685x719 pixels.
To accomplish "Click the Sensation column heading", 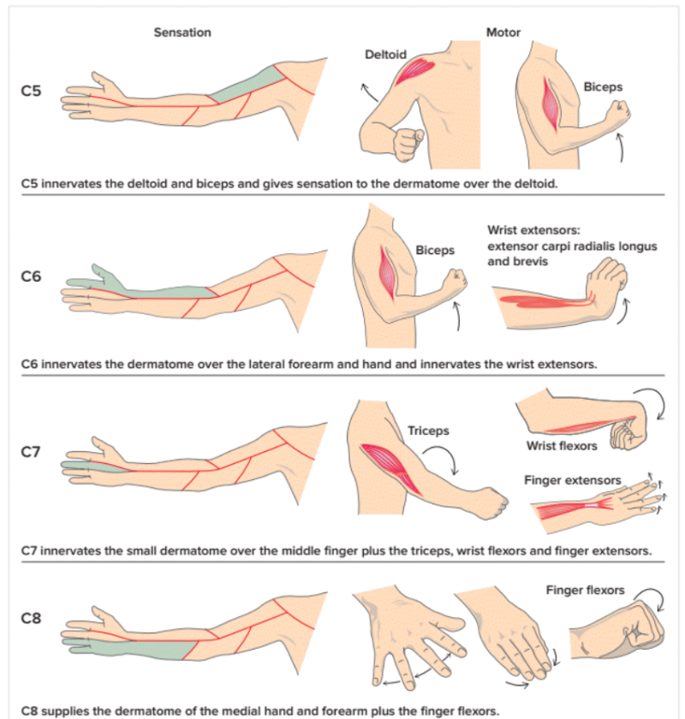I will (x=182, y=33).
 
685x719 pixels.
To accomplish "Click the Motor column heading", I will (x=503, y=33).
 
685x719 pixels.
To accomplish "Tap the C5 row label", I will (x=31, y=90).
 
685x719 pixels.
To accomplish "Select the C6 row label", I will (x=31, y=277).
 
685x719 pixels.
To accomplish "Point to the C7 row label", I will (x=31, y=451).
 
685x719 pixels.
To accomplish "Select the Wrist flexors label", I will (x=562, y=445).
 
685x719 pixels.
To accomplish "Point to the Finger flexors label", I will (x=585, y=590).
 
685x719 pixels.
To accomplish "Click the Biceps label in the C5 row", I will (x=603, y=86).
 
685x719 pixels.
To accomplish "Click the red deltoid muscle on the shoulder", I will (x=414, y=68).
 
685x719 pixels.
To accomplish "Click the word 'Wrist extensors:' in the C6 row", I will (x=531, y=230).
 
